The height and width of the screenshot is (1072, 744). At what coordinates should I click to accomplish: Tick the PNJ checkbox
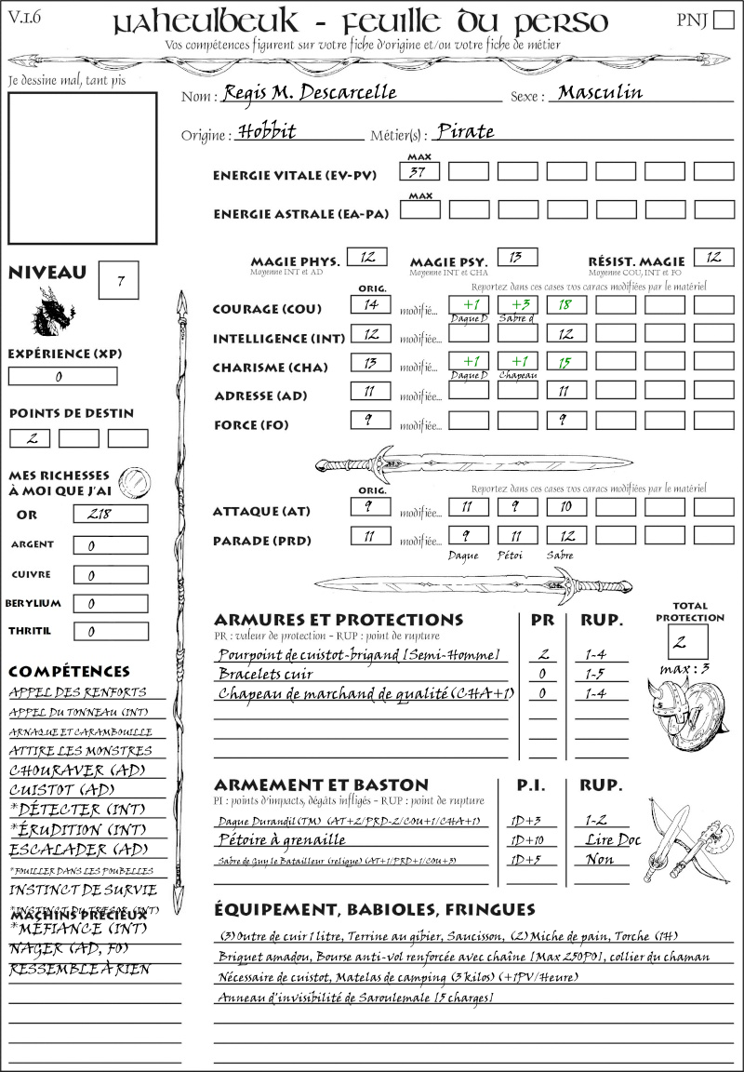coord(722,20)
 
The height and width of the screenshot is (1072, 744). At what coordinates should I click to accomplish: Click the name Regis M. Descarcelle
coord(310,94)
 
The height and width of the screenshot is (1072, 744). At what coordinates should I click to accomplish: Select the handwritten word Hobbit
coord(266,132)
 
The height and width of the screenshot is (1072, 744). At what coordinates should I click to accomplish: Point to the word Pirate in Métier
coord(465,132)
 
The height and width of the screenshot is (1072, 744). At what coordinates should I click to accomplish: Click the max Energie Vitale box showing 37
coord(419,171)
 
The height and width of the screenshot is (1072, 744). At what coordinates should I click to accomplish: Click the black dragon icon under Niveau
coord(53,312)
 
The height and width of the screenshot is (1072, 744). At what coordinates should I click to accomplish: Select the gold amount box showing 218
coord(110,514)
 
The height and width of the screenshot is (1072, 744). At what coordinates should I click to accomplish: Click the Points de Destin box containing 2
coord(30,438)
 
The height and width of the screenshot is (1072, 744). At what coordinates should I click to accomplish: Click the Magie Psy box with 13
coord(517,257)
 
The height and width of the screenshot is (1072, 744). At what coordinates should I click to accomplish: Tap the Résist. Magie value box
coord(713,257)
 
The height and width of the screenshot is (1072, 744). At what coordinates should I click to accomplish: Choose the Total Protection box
coord(688,641)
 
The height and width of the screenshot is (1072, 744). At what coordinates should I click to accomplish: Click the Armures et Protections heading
coord(339,620)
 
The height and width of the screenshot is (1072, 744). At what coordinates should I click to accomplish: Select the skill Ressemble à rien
coord(79,970)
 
